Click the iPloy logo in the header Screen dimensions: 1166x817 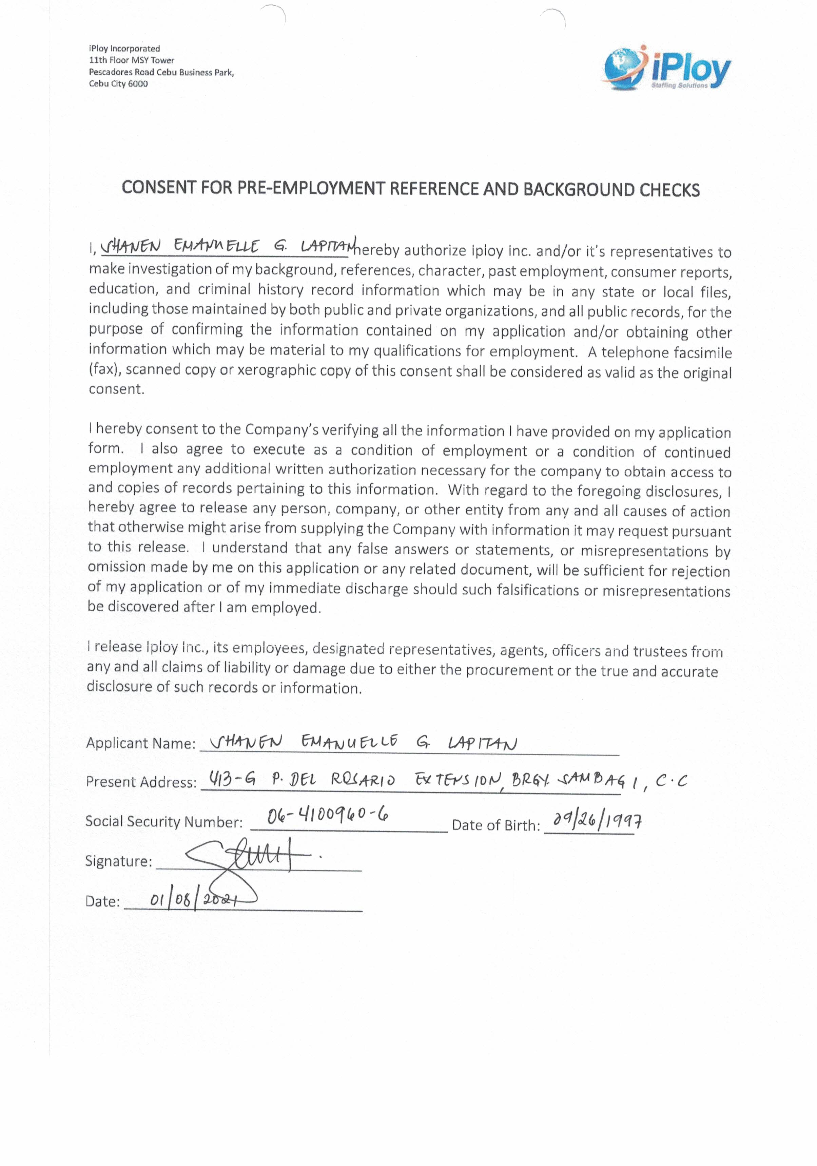pyautogui.click(x=667, y=68)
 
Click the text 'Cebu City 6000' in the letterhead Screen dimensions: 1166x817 pyautogui.click(x=118, y=84)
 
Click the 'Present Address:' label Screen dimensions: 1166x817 pyautogui.click(x=141, y=782)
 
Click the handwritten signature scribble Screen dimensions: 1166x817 pyautogui.click(x=249, y=858)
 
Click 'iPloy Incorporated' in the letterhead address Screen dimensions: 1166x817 pyautogui.click(x=124, y=49)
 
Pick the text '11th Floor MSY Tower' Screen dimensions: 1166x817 pyautogui.click(x=132, y=60)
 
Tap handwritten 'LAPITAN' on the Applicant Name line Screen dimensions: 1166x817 pyautogui.click(x=482, y=744)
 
